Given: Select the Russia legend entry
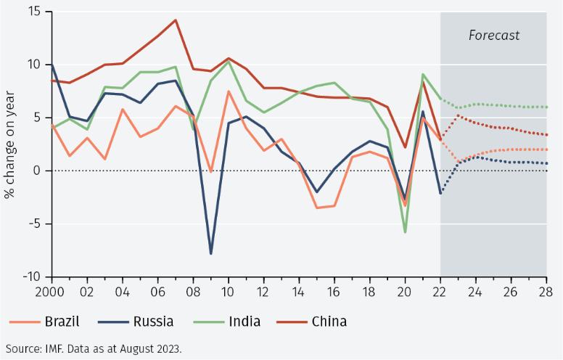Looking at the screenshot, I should click(152, 321).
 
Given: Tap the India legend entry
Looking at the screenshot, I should click(245, 321).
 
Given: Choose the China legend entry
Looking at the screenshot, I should click(329, 321).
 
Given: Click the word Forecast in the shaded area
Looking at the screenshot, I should click(493, 35).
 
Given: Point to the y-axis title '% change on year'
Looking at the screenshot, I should click(10, 144).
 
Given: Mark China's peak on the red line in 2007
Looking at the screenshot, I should click(176, 20).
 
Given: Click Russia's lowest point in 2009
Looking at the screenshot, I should click(211, 253).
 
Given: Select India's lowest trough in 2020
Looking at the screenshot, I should click(405, 232).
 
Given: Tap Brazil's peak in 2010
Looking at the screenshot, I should click(229, 91).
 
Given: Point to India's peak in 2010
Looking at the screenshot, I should click(229, 61).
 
